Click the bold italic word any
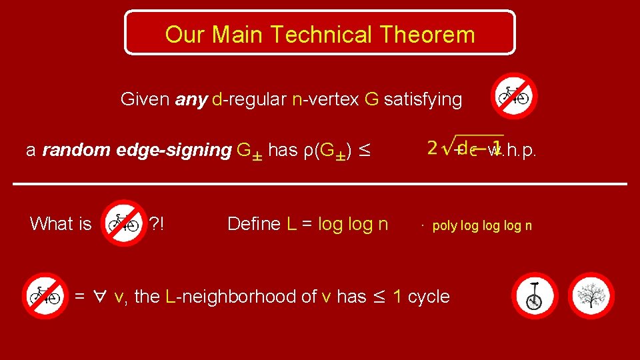(x=191, y=100)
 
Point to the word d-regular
(x=249, y=100)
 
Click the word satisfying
(x=423, y=100)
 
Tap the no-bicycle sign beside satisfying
(x=514, y=96)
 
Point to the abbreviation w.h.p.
(x=512, y=151)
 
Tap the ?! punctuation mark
(x=157, y=224)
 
